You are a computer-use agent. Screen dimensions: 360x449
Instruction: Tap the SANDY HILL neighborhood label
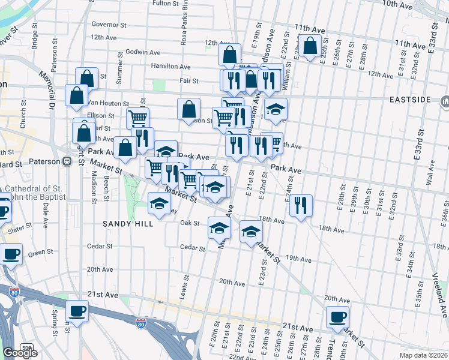[x=127, y=223]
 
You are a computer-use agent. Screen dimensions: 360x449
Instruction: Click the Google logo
[x=20, y=353]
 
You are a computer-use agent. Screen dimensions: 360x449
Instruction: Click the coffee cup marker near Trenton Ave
[x=337, y=316]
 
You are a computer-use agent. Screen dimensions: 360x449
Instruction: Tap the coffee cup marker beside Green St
[x=11, y=253]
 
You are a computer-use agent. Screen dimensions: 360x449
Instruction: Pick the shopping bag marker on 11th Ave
[x=310, y=46]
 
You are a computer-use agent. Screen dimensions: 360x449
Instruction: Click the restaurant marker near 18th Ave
[x=300, y=205]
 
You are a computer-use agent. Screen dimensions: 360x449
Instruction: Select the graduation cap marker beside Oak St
[x=219, y=227]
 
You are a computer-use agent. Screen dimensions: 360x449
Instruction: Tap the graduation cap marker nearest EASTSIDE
[x=276, y=109]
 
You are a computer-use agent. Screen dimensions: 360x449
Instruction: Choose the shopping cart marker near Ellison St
[x=137, y=118]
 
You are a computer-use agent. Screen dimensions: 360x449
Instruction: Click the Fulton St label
[x=166, y=3]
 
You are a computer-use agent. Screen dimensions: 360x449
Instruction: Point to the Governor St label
[x=109, y=25]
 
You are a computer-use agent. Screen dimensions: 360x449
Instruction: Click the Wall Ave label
[x=430, y=172]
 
